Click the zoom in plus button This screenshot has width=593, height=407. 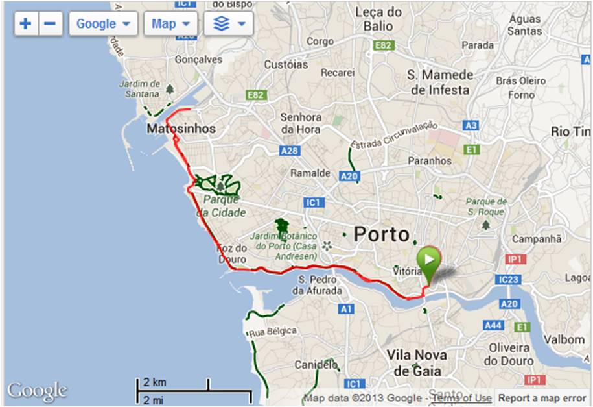25,24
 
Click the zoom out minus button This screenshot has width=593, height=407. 51,24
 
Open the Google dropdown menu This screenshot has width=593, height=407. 103,24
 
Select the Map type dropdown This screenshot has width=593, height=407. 170,24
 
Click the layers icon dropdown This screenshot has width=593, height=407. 228,24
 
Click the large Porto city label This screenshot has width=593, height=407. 382,234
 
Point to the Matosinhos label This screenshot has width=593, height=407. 181,129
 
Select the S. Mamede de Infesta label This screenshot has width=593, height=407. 440,82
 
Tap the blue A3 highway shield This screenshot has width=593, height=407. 471,125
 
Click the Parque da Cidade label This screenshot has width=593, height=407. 221,206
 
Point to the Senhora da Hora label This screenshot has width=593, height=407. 301,123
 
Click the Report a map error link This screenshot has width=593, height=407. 542,398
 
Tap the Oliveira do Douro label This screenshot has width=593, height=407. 510,354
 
